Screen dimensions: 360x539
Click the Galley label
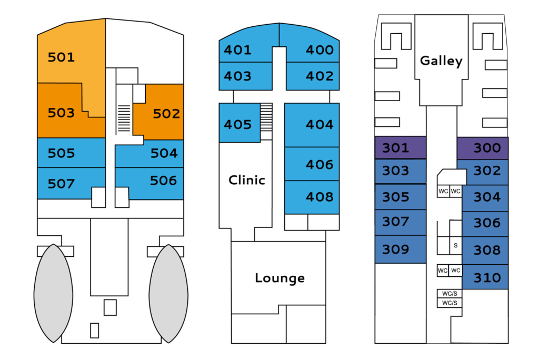441,61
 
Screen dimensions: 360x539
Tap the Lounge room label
280,278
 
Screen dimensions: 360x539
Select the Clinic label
246,180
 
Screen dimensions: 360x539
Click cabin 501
62,57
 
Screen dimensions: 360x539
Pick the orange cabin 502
166,113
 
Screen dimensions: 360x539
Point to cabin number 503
61,113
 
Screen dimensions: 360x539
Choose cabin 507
62,184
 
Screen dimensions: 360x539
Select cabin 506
163,181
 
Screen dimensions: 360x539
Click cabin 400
320,50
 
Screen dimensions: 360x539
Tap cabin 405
238,125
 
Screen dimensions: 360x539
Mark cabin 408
320,197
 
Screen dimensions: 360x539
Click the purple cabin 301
396,148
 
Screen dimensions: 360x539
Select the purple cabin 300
487,148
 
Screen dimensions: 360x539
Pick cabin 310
487,277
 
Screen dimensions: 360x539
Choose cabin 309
396,249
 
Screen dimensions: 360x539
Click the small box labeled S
455,245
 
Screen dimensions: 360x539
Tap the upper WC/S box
450,293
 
